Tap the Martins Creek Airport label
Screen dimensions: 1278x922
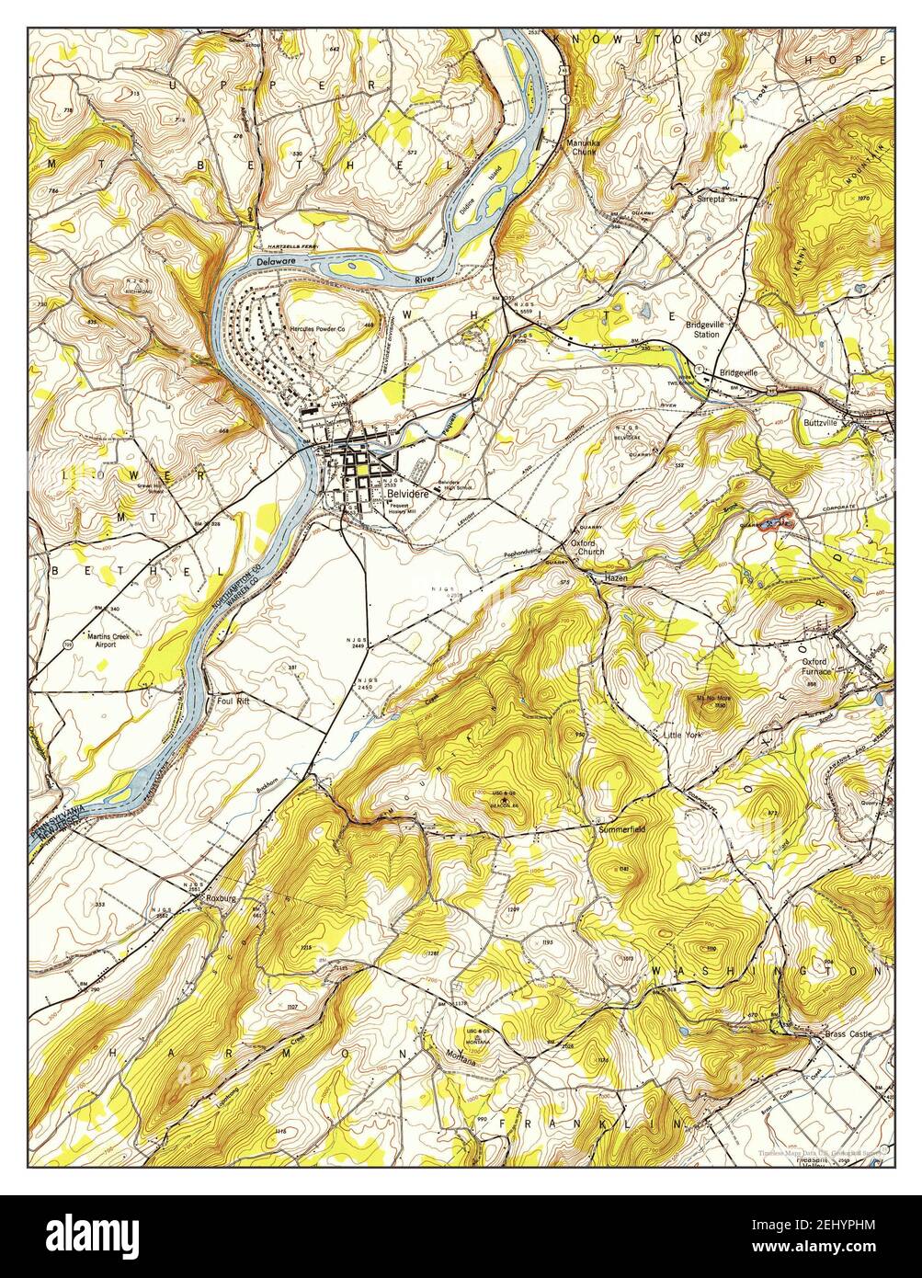89,639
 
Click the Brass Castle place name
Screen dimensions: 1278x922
848,1035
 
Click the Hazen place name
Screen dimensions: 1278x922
615,578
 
